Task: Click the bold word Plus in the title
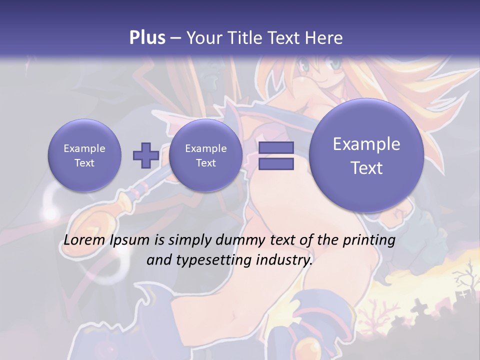tap(147, 38)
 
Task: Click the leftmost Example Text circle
tap(84, 155)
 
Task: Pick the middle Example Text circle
tap(205, 155)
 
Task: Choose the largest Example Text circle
tap(366, 155)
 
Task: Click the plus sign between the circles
tap(145, 155)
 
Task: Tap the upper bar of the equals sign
tap(276, 147)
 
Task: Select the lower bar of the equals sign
tap(276, 164)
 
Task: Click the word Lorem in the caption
tap(85, 240)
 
